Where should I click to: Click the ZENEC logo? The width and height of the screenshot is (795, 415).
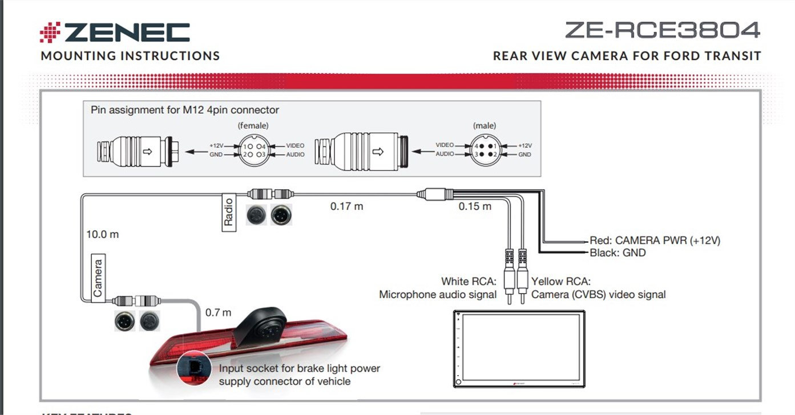click(x=115, y=32)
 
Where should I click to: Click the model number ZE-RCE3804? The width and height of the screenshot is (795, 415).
click(x=662, y=30)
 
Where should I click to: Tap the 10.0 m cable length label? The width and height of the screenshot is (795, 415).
click(x=103, y=234)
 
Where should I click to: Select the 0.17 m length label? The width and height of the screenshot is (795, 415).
click(x=346, y=206)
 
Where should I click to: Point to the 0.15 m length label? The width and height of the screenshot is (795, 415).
click(x=475, y=206)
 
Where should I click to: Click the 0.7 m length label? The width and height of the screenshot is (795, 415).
click(x=218, y=312)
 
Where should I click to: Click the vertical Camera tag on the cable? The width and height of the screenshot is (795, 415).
click(x=98, y=278)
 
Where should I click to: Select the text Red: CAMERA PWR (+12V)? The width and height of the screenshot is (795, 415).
click(x=655, y=241)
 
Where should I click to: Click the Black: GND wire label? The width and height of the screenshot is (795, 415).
click(x=618, y=253)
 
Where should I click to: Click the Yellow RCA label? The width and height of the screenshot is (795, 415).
click(x=561, y=282)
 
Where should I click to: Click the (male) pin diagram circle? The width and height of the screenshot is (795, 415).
click(x=485, y=150)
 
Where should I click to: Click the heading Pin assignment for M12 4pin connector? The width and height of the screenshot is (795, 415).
click(x=185, y=109)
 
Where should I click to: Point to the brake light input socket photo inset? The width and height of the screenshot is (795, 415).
click(x=193, y=369)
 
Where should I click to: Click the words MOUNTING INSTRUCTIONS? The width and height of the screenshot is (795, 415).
click(x=130, y=56)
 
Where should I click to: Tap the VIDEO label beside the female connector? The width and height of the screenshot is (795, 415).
click(x=295, y=146)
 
